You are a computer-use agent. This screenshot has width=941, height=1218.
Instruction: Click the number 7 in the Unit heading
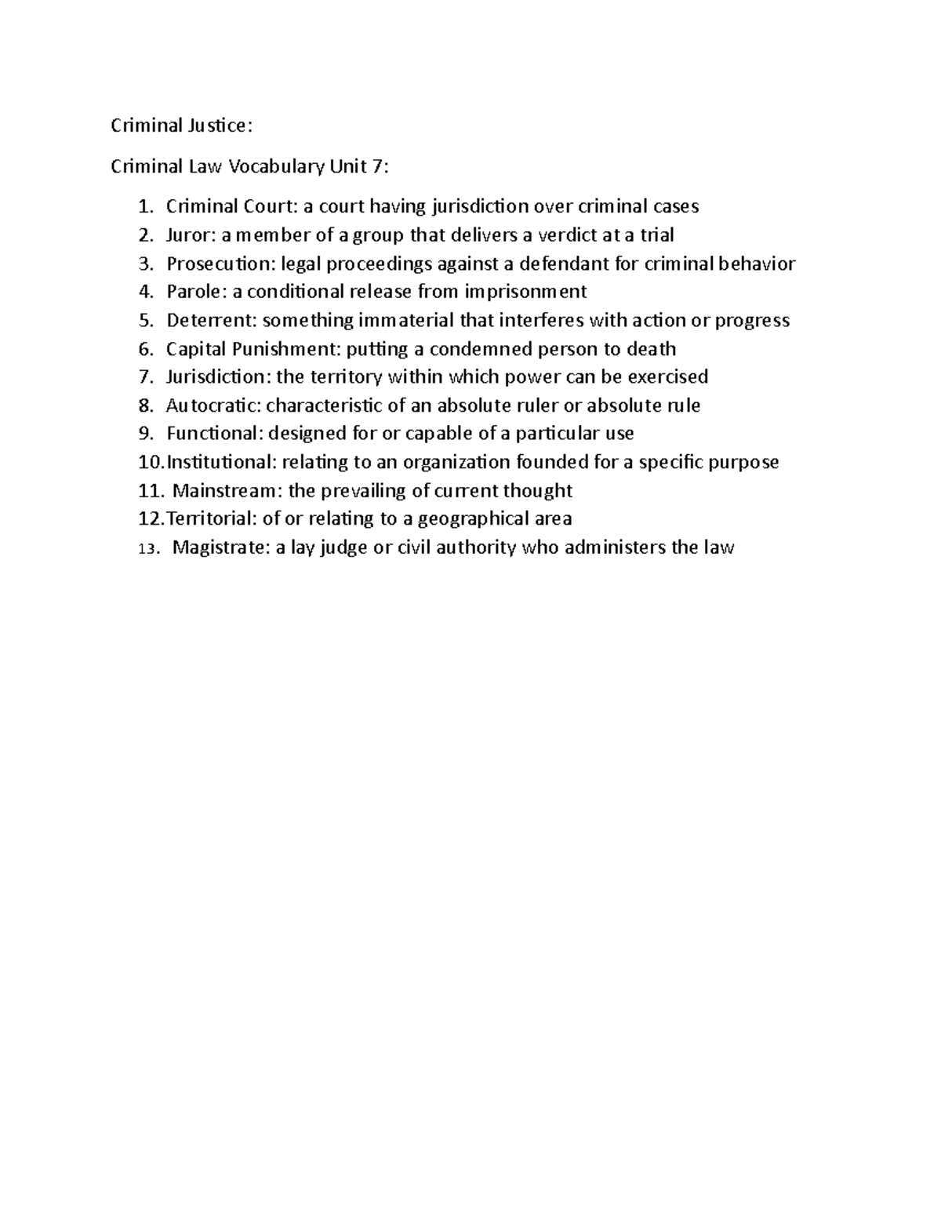(380, 166)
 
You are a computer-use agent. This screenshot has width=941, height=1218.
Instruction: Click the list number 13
(147, 549)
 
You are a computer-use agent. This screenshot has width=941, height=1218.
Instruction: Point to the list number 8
(146, 406)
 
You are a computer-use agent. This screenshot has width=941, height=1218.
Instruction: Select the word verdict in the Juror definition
(562, 235)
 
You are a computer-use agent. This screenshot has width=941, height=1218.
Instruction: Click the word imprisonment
(525, 292)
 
